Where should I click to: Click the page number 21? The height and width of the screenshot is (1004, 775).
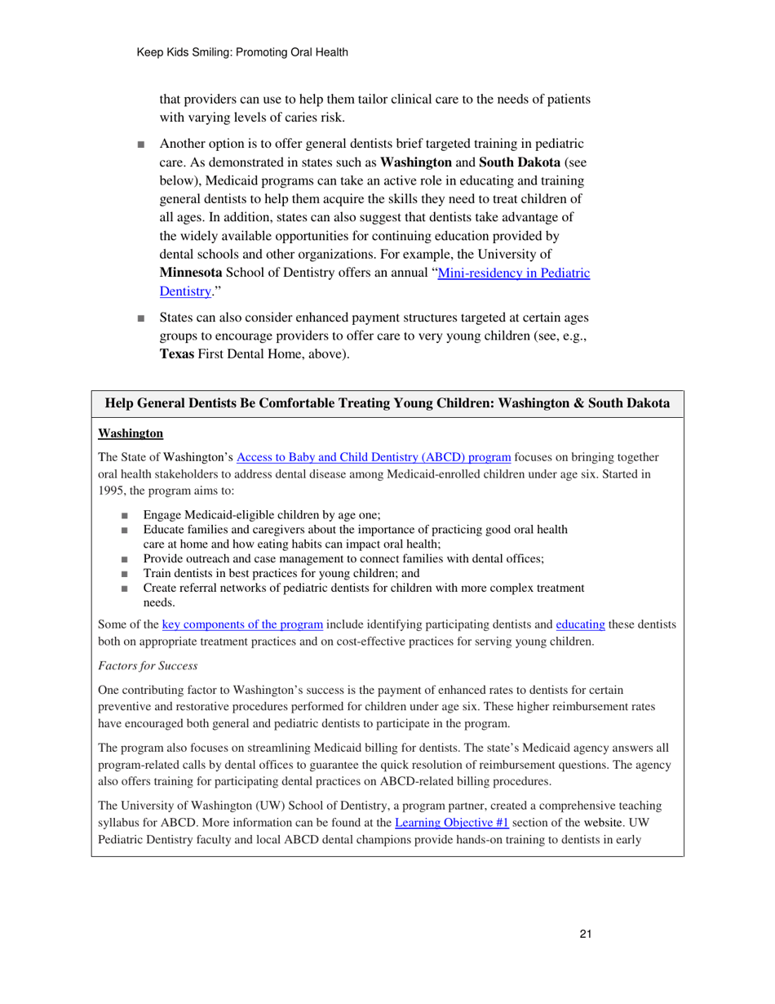585,935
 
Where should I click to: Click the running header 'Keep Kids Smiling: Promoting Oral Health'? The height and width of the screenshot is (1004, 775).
242,52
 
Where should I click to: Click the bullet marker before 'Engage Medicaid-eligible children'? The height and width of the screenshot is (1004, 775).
124,515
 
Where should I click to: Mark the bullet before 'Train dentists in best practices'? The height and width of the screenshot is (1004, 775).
124,573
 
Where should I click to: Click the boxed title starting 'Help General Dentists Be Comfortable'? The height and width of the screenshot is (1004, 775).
387,403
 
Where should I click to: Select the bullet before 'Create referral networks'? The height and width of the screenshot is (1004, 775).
124,588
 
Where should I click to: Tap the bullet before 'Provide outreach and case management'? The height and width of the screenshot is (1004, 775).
124,559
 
